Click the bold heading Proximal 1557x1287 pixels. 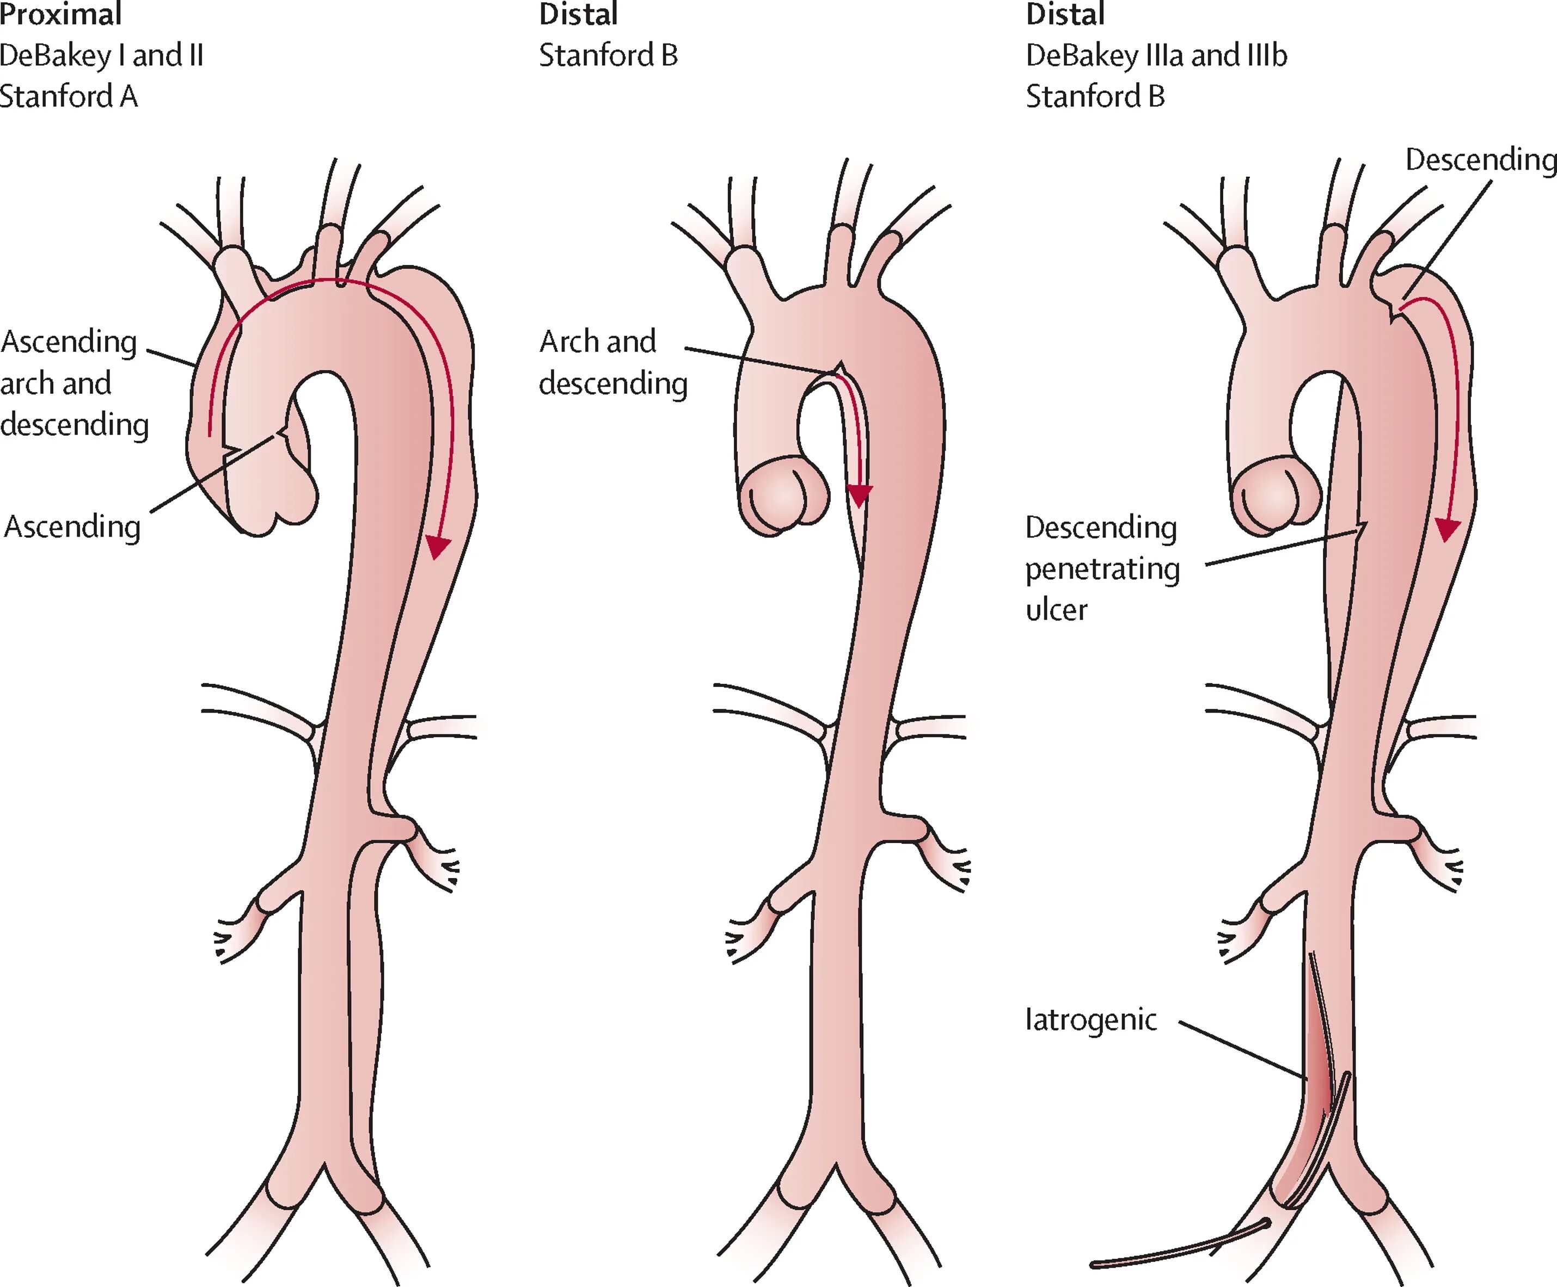[x=61, y=14]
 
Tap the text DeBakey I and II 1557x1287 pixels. [x=102, y=55]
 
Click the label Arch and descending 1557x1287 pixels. [x=612, y=362]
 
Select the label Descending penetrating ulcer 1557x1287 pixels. [x=1102, y=568]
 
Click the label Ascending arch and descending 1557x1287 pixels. [x=74, y=383]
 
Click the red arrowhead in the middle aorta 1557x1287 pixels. [x=860, y=495]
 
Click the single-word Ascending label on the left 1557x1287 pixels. [x=72, y=527]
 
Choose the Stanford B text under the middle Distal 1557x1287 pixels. [x=608, y=55]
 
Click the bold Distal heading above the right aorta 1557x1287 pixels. [x=1065, y=14]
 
